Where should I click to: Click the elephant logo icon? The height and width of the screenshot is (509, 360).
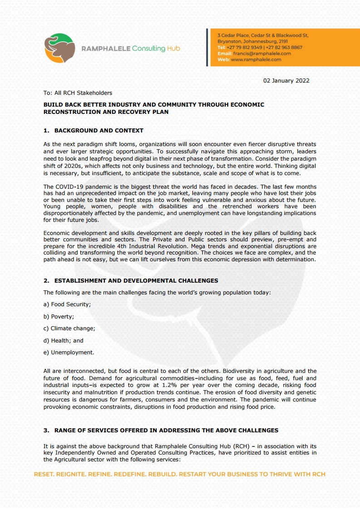(x=59, y=48)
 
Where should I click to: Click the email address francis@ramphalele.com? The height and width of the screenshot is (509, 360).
(x=262, y=54)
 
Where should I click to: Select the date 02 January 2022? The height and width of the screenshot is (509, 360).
(x=286, y=81)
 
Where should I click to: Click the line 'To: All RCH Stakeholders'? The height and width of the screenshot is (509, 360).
(x=78, y=93)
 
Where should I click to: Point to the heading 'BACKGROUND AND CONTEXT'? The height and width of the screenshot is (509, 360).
(x=99, y=131)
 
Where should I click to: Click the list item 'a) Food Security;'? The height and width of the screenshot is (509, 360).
(x=67, y=304)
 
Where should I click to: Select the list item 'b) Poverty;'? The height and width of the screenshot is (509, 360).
(x=59, y=317)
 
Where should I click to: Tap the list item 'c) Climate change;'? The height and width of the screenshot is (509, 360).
(x=69, y=328)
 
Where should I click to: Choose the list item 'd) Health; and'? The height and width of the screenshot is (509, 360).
(x=64, y=340)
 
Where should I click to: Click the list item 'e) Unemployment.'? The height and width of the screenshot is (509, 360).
(x=69, y=352)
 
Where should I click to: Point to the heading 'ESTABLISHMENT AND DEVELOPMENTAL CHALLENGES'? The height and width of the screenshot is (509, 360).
(x=136, y=281)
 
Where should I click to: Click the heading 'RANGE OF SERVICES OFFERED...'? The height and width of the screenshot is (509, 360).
(x=166, y=430)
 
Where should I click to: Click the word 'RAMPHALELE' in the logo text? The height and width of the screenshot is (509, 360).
(x=105, y=49)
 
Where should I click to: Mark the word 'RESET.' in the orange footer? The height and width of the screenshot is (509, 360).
(x=45, y=475)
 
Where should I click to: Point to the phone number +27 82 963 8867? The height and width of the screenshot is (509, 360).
(x=284, y=47)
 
